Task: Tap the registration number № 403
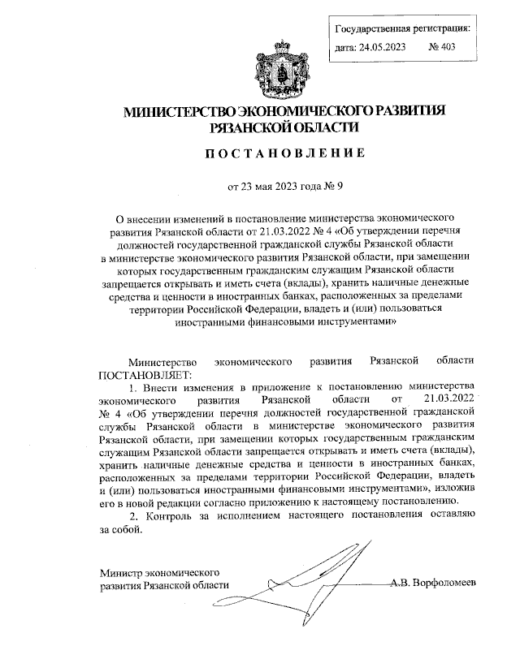pyautogui.click(x=442, y=47)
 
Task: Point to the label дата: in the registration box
pyautogui.click(x=347, y=47)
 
